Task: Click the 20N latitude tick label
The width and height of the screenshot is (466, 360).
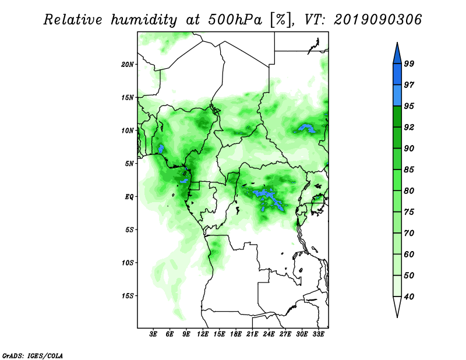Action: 128,64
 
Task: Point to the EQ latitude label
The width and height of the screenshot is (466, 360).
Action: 129,196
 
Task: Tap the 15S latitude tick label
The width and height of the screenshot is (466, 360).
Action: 128,296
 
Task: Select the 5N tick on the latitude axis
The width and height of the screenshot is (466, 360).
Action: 129,164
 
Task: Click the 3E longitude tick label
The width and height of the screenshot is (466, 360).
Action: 153,334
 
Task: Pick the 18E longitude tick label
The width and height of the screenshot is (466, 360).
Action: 236,334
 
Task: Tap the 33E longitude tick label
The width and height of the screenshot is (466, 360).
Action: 318,334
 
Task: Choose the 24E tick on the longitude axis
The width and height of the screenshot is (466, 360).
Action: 269,334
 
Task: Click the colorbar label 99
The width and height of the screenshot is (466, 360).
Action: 409,63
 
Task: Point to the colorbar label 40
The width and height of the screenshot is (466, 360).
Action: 409,297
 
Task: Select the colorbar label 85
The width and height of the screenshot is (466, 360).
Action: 409,170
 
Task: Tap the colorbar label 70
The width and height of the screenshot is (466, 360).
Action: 409,233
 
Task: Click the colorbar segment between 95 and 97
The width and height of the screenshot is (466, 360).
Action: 397,96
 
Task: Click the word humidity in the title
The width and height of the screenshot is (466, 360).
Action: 144,20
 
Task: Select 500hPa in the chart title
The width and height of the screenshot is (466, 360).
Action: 235,20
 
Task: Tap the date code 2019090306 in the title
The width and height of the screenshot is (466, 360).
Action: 377,20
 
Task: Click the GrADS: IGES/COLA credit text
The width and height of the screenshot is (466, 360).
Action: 33,355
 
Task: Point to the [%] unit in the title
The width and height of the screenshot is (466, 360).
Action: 281,20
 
